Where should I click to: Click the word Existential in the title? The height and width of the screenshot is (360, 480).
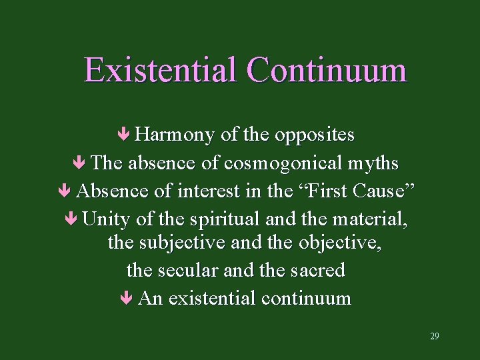pos(160,70)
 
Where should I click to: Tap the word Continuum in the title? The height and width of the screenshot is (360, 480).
pos(326,70)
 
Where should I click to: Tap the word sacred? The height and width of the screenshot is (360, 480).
pos(318,270)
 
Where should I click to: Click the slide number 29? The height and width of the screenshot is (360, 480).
pos(434,336)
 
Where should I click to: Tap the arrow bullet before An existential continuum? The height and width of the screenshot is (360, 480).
pos(127,298)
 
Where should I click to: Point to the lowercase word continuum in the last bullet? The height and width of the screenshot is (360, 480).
pos(306,298)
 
